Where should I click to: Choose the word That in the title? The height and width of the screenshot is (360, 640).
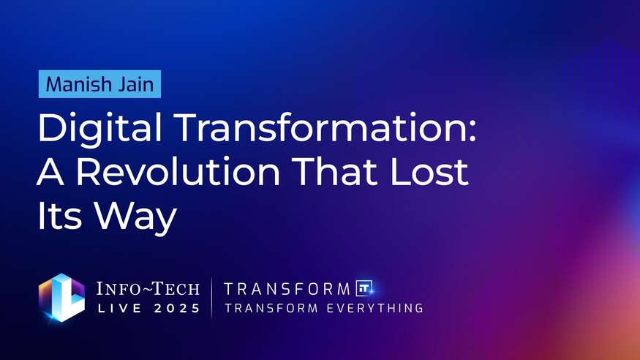[x=343, y=173]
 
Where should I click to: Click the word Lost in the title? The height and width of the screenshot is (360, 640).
[x=432, y=173]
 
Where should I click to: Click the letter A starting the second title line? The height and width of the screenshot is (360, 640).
[x=50, y=173]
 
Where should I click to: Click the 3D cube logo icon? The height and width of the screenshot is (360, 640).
[x=61, y=298]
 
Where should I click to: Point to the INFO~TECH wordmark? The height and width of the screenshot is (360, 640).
[x=148, y=288]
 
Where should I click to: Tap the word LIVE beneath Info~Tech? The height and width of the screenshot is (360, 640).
[x=120, y=308]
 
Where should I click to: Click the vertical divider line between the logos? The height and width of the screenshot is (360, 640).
[x=211, y=298]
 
